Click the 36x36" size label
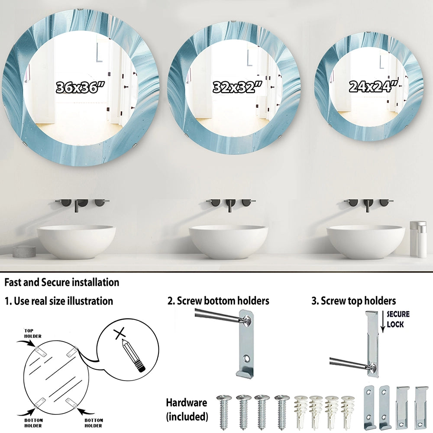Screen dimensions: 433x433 click(81, 87)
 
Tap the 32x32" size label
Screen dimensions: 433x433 click(237, 87)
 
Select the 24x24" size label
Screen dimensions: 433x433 click(373, 86)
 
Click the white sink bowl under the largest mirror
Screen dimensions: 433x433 click(77, 242)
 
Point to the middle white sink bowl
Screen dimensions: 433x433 click(228, 242)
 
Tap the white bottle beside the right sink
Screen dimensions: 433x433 click(418, 239)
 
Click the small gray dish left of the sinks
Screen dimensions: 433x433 click(24, 250)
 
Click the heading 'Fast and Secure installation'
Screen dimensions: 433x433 click(62, 282)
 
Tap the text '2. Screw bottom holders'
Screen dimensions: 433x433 click(218, 301)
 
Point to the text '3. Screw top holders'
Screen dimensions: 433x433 click(353, 301)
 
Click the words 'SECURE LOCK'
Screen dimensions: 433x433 click(398, 319)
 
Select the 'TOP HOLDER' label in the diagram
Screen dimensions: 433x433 click(32, 333)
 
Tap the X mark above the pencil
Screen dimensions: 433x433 click(120, 333)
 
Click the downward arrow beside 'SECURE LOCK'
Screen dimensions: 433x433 click(383, 322)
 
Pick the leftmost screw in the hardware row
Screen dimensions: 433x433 click(224, 412)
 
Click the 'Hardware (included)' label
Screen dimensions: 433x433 click(187, 409)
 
